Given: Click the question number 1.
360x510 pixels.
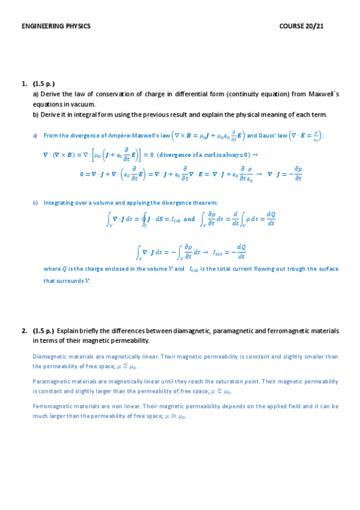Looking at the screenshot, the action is (x=24, y=84).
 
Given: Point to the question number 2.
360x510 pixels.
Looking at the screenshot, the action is (x=24, y=331).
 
